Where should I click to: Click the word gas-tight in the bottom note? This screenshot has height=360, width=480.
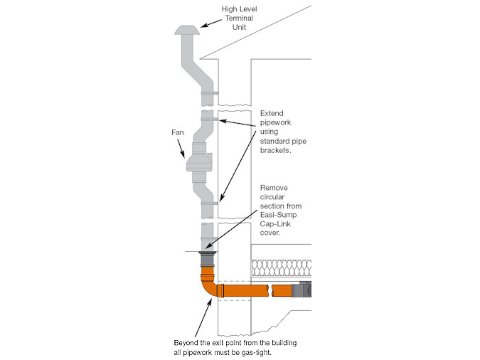pos(267,351)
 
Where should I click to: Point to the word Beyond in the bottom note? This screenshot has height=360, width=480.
pos(187,342)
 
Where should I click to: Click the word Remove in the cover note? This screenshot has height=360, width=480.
pos(274,187)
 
